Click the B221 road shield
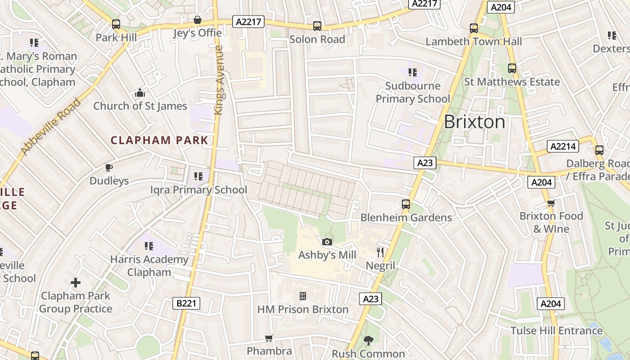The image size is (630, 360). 186,303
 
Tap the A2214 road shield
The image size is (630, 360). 563,146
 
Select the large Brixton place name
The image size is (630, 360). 474,122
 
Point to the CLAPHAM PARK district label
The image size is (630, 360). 160,140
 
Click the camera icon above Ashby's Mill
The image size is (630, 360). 327,242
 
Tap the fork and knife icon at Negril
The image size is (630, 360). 380,252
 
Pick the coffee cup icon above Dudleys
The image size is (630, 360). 108,168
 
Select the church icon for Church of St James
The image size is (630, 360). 140,93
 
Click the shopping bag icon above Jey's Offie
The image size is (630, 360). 197,20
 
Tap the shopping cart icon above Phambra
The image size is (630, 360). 269,338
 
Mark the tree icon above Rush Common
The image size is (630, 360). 369,341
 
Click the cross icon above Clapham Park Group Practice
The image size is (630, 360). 76,283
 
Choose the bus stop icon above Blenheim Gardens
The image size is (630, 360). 406,204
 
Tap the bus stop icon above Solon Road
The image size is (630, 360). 317,26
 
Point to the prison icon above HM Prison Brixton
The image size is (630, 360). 303,296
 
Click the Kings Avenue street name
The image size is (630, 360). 219,80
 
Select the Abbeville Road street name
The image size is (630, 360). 50,127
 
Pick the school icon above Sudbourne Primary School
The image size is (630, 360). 412,72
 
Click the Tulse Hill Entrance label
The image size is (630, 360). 556,331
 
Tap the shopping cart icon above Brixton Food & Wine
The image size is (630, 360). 551,203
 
